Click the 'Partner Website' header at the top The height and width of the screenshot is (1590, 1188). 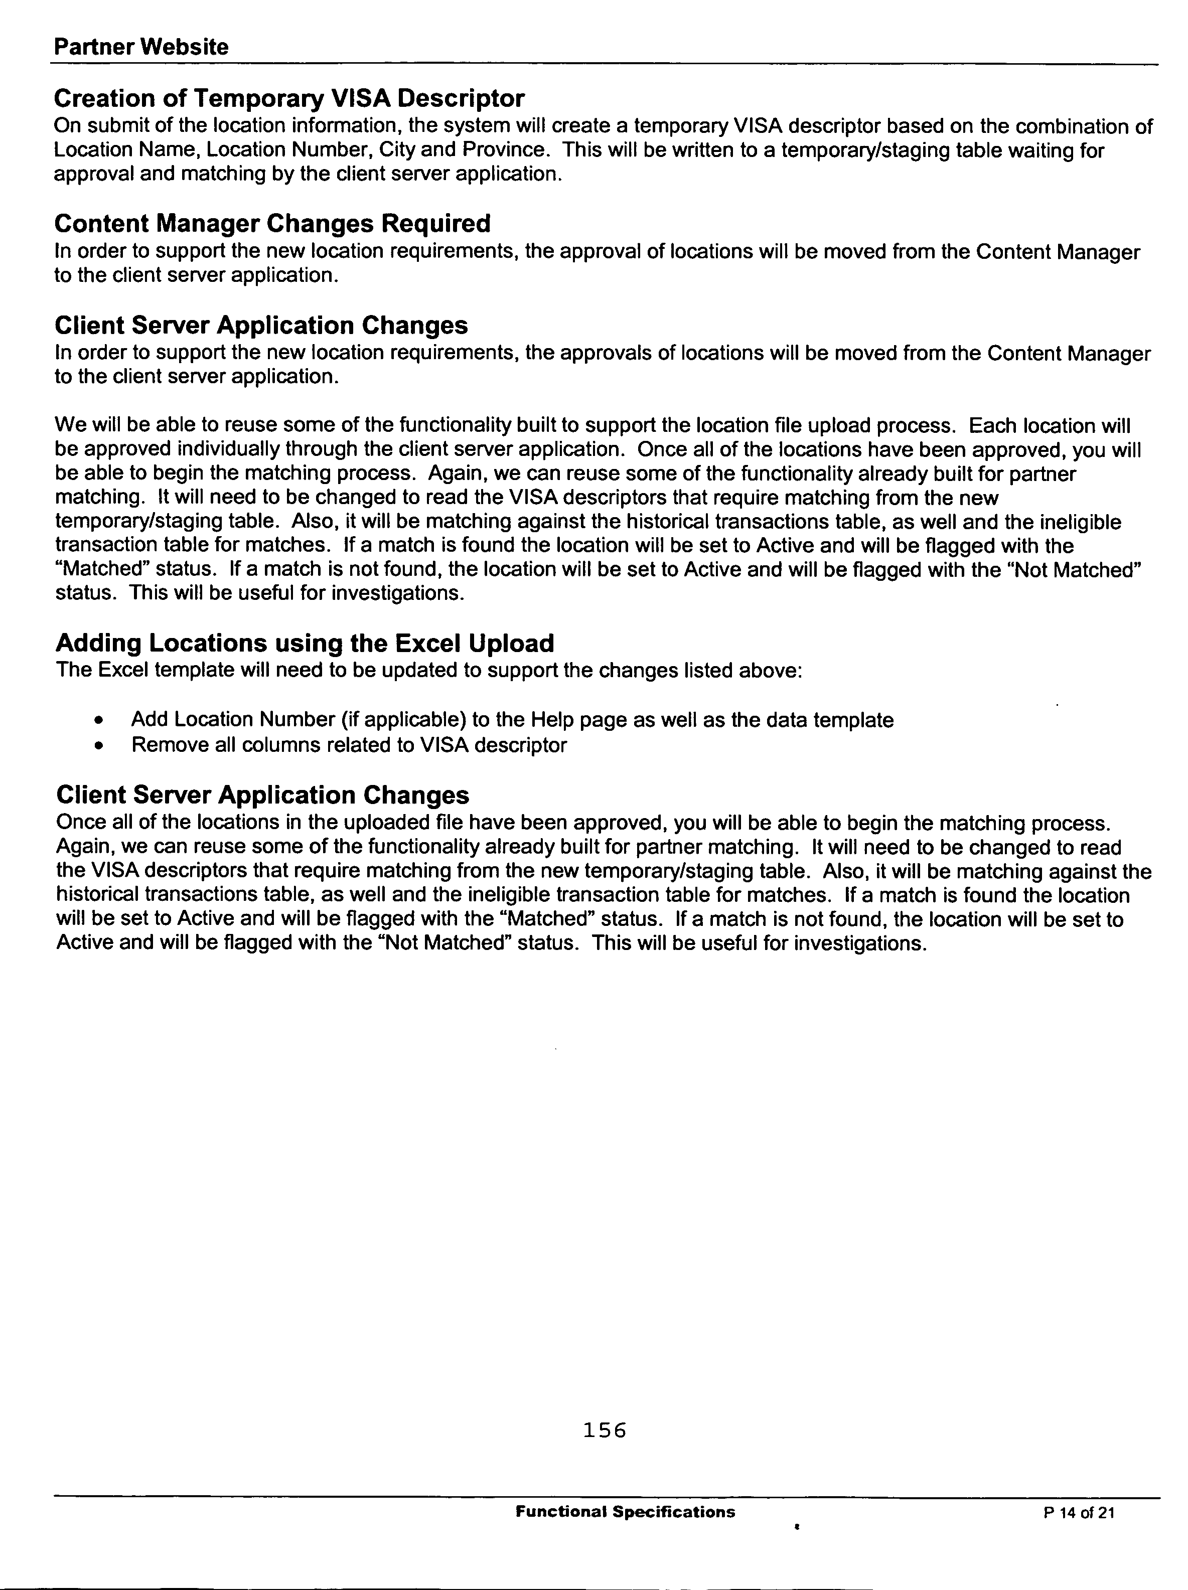pyautogui.click(x=141, y=48)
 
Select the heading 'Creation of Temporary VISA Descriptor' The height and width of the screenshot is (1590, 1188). pyautogui.click(x=289, y=98)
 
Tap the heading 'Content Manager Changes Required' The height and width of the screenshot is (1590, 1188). pyautogui.click(x=272, y=224)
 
